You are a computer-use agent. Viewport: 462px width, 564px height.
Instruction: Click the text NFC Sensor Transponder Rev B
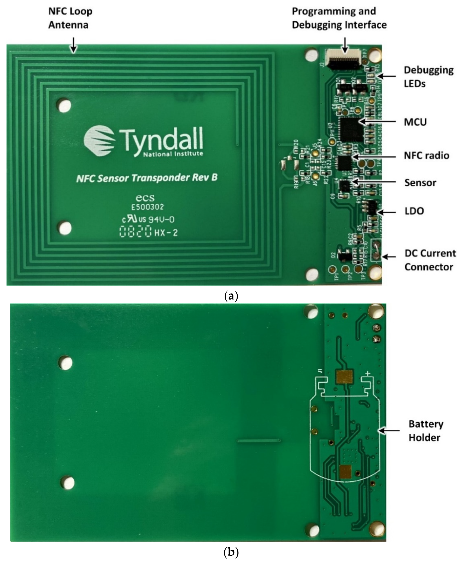click(147, 178)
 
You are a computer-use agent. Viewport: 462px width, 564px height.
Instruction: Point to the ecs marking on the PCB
click(145, 198)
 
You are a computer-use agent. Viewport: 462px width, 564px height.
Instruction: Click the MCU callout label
click(415, 122)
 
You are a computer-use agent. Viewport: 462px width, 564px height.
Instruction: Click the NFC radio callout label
click(426, 156)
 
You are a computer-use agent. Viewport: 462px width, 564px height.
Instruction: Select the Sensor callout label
click(420, 183)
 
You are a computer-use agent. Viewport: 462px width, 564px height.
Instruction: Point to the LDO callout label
click(414, 211)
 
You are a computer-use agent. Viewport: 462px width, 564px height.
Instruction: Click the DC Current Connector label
click(430, 260)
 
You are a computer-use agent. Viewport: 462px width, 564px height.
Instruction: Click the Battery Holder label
click(425, 431)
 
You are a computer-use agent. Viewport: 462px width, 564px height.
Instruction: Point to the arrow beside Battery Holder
click(389, 430)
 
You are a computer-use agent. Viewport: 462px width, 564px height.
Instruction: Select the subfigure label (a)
click(231, 296)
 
